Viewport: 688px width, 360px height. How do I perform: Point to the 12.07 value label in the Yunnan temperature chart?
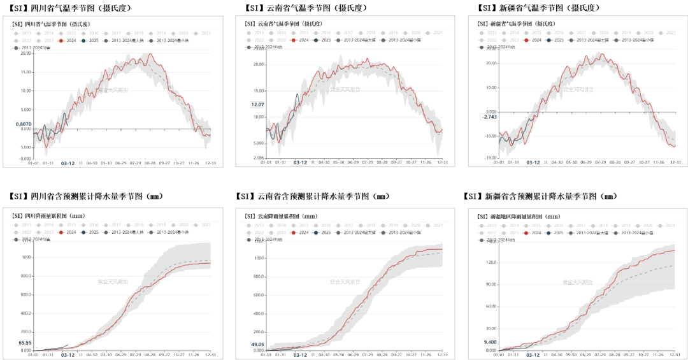coord(257,104)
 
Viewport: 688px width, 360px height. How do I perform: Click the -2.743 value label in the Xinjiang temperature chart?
coord(489,117)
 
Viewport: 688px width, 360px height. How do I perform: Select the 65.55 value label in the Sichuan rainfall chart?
coord(25,343)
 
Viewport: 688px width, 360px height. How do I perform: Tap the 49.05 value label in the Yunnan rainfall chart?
coord(258,345)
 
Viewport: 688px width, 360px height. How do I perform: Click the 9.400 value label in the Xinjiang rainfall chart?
coord(490,342)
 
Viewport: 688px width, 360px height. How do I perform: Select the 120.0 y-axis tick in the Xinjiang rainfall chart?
coord(491,262)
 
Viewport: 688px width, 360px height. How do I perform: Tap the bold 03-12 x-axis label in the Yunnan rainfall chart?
coord(300,356)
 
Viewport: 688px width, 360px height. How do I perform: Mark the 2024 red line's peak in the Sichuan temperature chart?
coord(150,54)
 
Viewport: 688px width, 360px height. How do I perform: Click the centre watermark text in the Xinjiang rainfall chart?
coord(578,282)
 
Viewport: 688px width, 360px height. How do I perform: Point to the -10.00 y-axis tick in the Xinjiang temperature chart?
coord(490,136)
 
